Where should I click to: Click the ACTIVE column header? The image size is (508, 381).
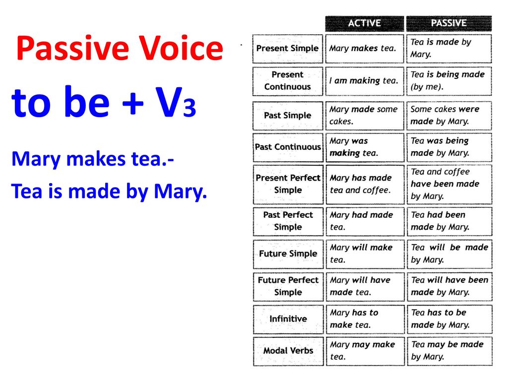click(365, 23)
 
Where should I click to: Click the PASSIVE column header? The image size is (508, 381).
click(448, 23)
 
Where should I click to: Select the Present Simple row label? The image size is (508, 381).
click(287, 49)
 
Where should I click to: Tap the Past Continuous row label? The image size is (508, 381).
click(288, 147)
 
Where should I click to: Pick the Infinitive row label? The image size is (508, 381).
click(288, 319)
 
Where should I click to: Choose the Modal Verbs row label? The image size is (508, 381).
click(288, 351)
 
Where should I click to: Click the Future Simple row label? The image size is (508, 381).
click(288, 254)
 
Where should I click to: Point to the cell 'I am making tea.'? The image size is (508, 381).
click(365, 81)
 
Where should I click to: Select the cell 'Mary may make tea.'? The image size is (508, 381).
click(365, 351)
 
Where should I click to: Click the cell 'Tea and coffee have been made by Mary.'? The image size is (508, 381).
click(449, 184)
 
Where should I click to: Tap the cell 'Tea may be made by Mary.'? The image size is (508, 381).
click(449, 351)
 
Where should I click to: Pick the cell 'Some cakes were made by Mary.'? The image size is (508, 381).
click(449, 116)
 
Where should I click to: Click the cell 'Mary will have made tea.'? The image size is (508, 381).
click(365, 287)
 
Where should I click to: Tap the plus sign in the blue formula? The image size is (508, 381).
click(133, 104)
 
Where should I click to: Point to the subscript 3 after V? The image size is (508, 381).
click(189, 108)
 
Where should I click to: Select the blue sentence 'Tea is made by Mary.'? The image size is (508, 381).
click(109, 191)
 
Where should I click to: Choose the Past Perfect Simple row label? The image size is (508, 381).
click(288, 221)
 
